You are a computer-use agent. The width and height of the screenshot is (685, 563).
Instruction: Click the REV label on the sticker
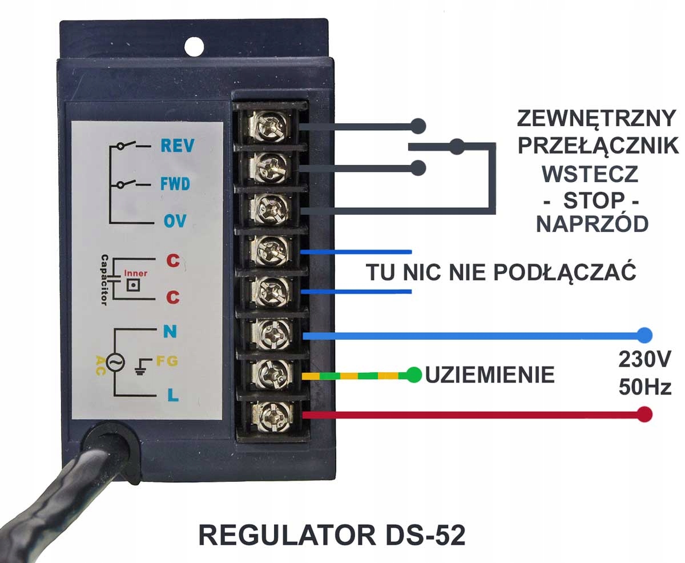coord(178,146)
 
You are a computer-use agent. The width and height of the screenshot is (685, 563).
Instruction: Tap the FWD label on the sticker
coord(175,184)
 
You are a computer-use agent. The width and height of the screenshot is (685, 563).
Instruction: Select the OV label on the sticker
coord(175,221)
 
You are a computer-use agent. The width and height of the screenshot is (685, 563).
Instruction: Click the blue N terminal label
coord(170,331)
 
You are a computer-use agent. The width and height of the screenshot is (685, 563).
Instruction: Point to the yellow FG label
coord(167,361)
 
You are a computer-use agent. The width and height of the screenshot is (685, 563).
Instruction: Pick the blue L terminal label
coord(173,395)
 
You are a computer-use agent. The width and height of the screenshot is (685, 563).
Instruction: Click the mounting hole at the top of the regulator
coord(194,47)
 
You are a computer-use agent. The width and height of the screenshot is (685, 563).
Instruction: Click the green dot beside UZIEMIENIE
coord(414,375)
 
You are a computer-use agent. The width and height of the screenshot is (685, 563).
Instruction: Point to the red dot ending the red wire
coord(644,415)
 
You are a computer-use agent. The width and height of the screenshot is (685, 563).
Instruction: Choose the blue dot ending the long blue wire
coord(644,336)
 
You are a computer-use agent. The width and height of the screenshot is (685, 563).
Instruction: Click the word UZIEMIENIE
coord(490,375)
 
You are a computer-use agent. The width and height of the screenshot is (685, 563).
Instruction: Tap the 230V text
coord(644,359)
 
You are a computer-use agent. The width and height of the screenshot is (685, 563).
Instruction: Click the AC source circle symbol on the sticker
coord(115,362)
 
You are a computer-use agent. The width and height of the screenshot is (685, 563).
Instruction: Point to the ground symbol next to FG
coord(142,367)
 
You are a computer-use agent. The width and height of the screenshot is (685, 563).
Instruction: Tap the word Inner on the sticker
coord(135,273)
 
